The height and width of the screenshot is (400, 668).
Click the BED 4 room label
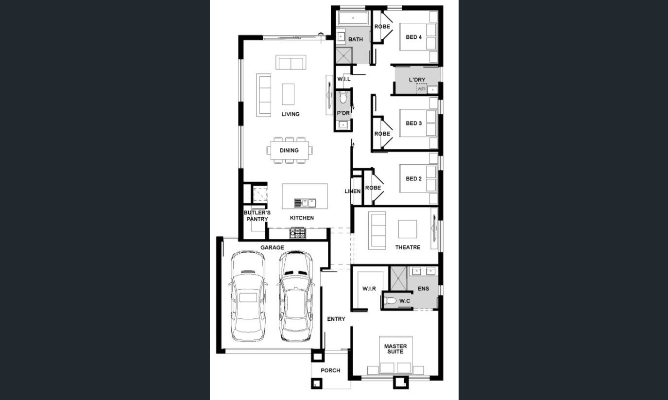point(413,37)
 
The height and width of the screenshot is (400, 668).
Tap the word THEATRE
point(408,247)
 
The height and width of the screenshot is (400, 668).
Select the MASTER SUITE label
point(395,348)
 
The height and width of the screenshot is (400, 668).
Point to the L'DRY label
point(417,80)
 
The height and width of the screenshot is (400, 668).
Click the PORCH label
point(330,370)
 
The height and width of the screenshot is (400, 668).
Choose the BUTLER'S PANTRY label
point(257,216)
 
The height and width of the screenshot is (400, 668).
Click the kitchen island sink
point(305,203)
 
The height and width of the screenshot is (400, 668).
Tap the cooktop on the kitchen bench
point(298,233)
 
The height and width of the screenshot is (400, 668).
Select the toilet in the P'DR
point(343,97)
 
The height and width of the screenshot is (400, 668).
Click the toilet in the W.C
point(390,301)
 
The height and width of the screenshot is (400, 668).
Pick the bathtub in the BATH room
point(353,18)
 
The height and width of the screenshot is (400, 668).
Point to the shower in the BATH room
point(344,55)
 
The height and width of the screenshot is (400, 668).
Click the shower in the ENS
point(399,278)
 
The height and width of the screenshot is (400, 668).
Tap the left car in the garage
point(248,296)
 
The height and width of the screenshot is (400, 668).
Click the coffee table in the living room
point(288,94)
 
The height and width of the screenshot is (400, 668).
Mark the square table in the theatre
point(408,229)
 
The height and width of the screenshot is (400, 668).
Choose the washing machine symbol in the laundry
point(421,88)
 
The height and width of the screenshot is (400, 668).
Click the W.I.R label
point(369,289)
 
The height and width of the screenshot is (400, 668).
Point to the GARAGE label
point(272,247)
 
